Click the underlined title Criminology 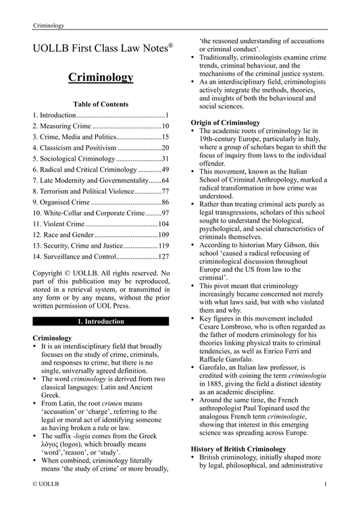click(x=101, y=78)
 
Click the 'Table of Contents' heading click(x=101, y=105)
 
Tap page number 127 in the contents click(x=163, y=257)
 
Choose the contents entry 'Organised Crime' click(x=61, y=202)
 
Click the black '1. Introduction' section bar click(x=101, y=321)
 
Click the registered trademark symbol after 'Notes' click(x=171, y=45)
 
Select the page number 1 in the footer click(x=326, y=503)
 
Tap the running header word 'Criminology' click(x=49, y=26)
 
